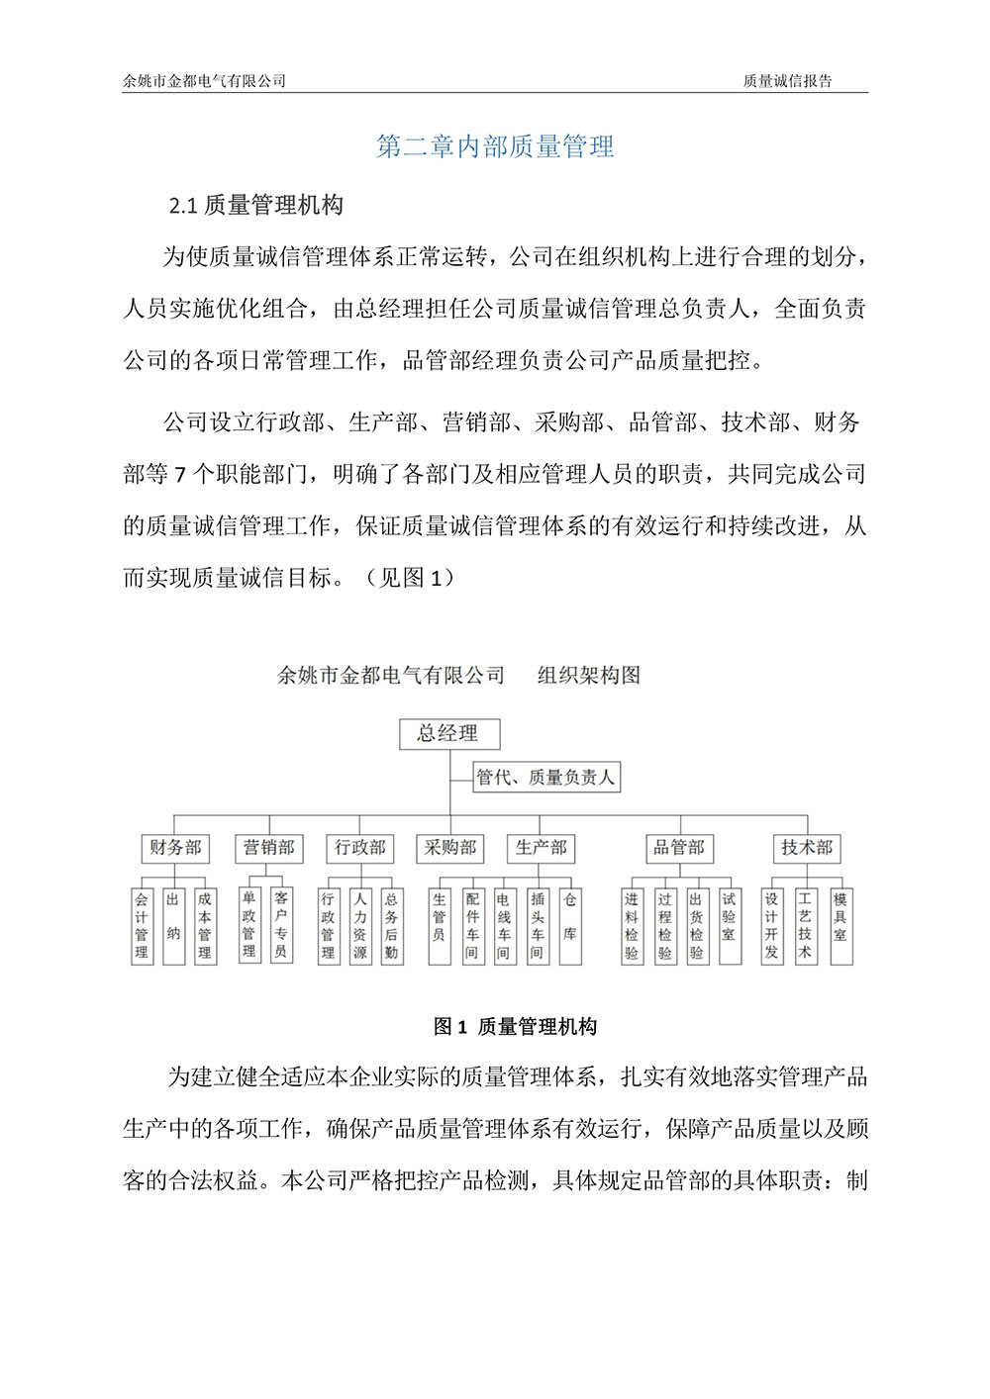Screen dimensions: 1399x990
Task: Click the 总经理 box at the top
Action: [447, 733]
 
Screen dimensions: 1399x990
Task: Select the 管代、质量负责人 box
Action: [545, 778]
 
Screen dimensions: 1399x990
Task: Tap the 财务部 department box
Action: [175, 848]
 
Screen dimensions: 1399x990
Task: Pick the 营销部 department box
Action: [268, 848]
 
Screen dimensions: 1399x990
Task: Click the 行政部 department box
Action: [359, 848]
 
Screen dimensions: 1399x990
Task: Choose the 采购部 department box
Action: [450, 848]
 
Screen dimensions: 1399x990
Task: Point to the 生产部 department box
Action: [541, 848]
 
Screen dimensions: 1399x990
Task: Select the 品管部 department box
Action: [678, 848]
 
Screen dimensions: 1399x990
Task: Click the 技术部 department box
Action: [807, 848]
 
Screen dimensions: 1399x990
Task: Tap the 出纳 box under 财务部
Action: [173, 925]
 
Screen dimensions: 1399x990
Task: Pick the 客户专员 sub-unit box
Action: [281, 925]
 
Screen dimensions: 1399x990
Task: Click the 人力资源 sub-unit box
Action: [360, 925]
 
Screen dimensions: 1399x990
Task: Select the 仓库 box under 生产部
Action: [569, 925]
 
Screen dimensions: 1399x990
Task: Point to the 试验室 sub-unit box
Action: [729, 925]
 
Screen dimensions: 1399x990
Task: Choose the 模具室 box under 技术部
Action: [840, 925]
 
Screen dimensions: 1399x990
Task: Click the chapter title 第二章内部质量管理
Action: [495, 147]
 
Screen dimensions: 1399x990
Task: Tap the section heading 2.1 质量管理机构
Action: [256, 206]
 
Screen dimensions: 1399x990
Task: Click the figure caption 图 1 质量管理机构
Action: [515, 1027]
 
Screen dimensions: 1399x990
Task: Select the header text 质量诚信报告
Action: [787, 81]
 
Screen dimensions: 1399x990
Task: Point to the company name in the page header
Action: [204, 81]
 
